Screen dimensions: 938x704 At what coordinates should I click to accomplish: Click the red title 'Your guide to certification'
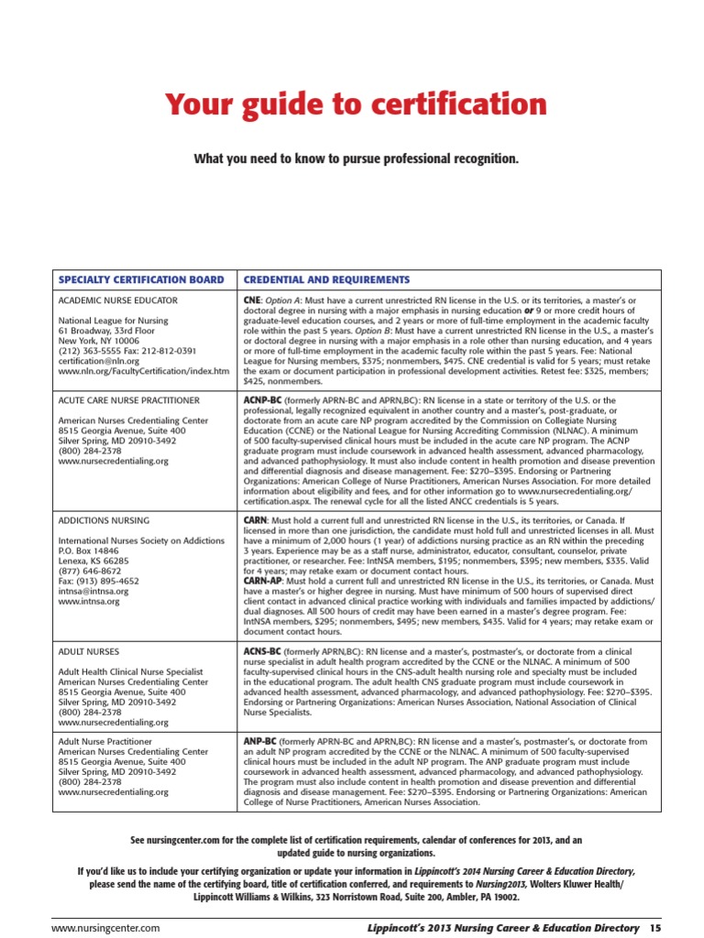(356, 105)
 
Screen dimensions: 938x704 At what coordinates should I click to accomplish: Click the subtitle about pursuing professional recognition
(356, 159)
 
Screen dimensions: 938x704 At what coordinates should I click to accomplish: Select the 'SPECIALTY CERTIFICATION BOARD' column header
(141, 279)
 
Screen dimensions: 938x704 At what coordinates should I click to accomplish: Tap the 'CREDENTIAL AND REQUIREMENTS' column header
(326, 279)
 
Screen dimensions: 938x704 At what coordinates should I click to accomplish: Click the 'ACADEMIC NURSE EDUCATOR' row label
(118, 300)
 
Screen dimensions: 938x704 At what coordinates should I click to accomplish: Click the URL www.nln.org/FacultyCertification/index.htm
(144, 372)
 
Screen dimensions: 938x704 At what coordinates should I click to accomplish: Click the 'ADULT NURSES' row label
(89, 651)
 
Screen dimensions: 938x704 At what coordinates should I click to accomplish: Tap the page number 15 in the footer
(654, 929)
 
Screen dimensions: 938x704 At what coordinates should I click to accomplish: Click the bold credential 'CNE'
(251, 300)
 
